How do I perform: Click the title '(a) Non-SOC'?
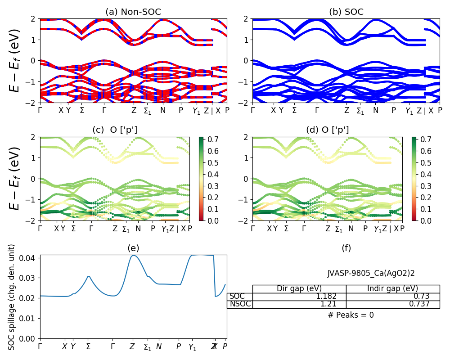133,12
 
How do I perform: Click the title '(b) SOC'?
346,12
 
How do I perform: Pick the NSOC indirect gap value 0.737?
418,304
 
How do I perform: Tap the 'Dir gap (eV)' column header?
299,288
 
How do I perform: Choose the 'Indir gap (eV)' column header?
392,288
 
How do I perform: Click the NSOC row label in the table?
238,304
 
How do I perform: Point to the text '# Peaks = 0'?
351,315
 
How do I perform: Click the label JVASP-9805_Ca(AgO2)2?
371,273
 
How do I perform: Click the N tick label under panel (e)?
158,346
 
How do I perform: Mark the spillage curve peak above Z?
133,256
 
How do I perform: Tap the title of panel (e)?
133,248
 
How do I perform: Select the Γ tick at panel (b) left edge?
253,110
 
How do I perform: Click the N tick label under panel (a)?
163,110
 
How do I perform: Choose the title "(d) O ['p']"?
327,130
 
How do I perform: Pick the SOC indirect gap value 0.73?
421,297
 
